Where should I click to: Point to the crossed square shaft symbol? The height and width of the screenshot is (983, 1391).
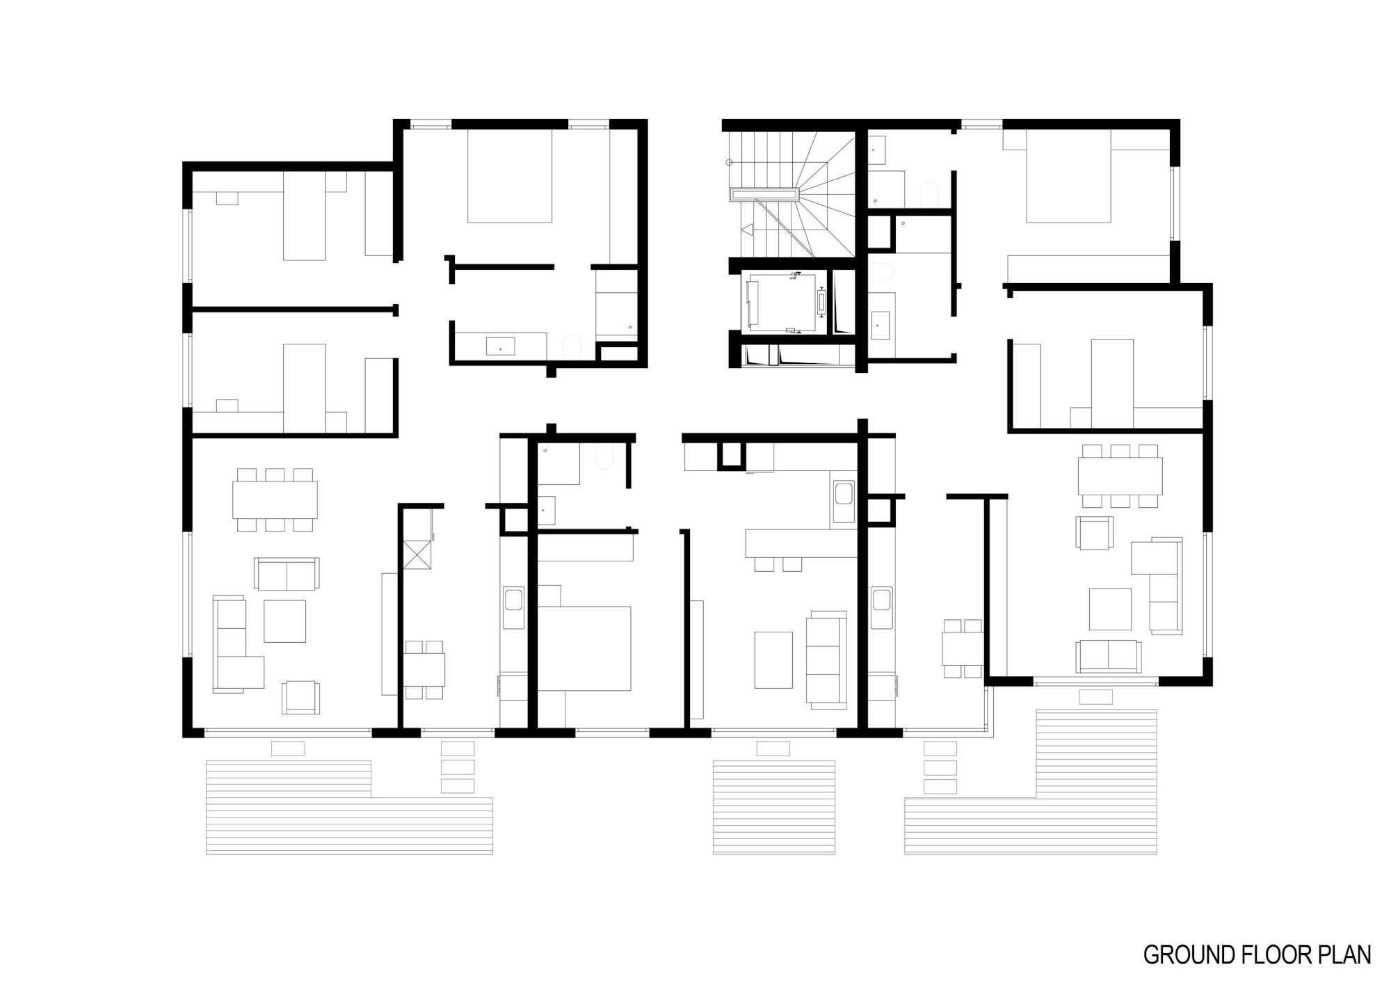coord(417,555)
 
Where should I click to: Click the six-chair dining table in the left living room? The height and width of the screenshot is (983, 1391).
coord(275,500)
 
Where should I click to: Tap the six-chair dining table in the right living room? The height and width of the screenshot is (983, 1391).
coord(1120,476)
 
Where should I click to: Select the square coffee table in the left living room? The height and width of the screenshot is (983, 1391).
coord(284,621)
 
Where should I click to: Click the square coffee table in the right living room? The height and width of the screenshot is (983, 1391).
coord(1110,609)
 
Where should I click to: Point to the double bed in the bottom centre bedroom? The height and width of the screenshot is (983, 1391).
coord(584,648)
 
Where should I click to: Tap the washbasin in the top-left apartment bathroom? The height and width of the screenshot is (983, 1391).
coord(501,346)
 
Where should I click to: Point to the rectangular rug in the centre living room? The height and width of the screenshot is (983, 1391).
coord(773,660)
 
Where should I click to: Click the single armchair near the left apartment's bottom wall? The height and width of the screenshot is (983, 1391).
coord(301,697)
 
